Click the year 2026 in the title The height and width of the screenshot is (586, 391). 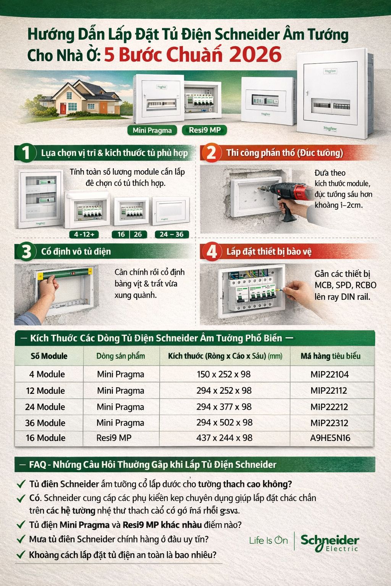255,55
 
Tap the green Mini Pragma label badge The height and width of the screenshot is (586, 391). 152,130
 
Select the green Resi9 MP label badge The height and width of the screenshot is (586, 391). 205,130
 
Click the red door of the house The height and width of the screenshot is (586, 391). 63,109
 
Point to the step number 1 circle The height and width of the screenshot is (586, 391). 26,153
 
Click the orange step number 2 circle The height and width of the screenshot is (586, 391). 211,153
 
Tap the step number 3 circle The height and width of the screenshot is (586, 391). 26,252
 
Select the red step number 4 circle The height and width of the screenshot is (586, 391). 211,252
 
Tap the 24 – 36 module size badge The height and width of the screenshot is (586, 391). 171,234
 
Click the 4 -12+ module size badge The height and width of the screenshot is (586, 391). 84,234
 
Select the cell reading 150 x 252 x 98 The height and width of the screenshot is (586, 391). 224,374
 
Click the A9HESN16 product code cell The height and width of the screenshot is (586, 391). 330,438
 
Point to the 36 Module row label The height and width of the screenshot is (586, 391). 45,423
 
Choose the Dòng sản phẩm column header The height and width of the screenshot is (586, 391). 121,356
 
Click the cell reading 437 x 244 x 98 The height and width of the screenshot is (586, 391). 224,438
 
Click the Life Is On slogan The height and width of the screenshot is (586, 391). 268,540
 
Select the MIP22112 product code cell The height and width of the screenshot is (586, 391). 329,391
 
